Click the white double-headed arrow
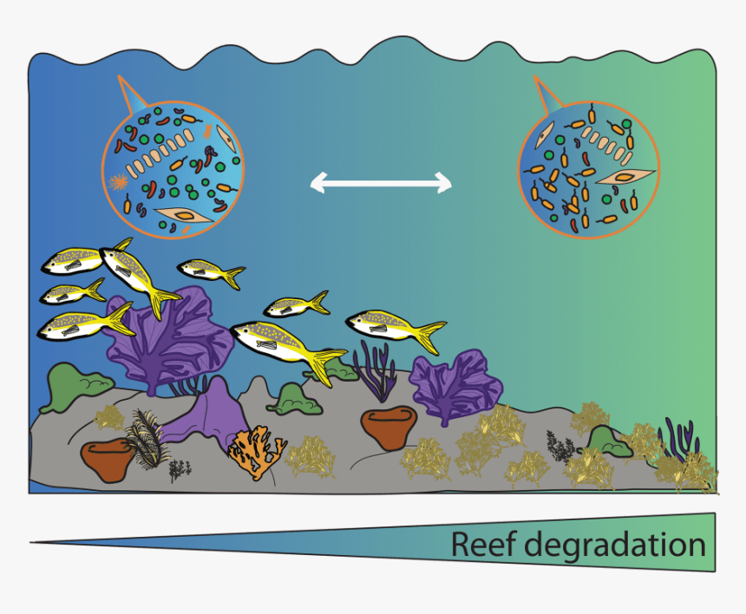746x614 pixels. point(381,182)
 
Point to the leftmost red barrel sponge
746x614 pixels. point(106,460)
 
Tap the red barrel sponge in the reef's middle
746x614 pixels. point(389,428)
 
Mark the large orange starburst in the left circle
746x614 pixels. point(119,183)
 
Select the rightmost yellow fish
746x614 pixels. point(396,328)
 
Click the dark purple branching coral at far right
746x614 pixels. point(678,438)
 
